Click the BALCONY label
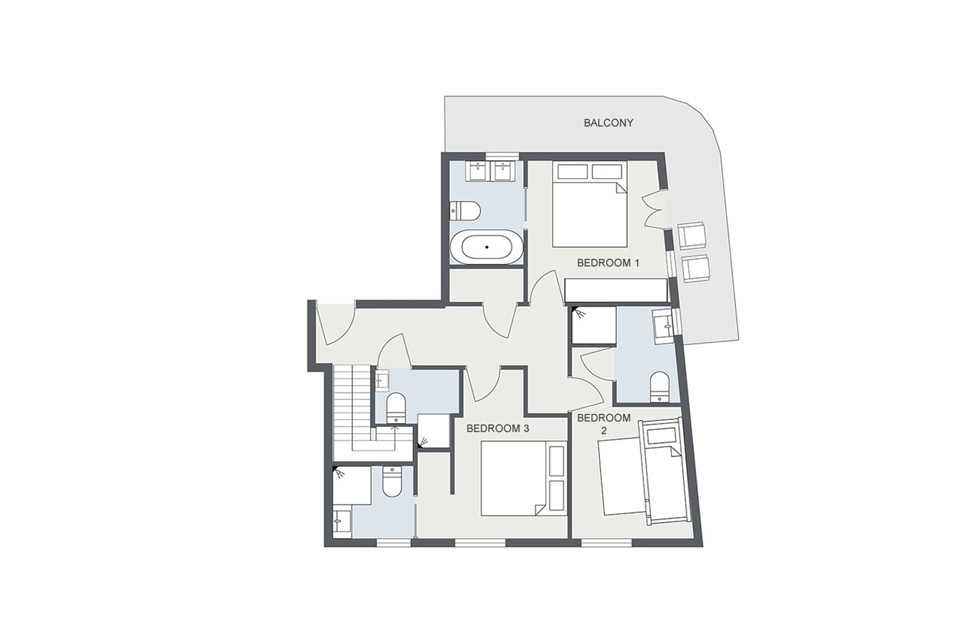click(x=608, y=123)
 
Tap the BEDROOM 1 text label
click(x=608, y=263)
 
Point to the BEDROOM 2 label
click(x=604, y=424)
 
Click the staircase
click(x=352, y=409)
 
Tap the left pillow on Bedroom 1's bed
click(x=572, y=172)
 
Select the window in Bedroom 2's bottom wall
click(x=607, y=543)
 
